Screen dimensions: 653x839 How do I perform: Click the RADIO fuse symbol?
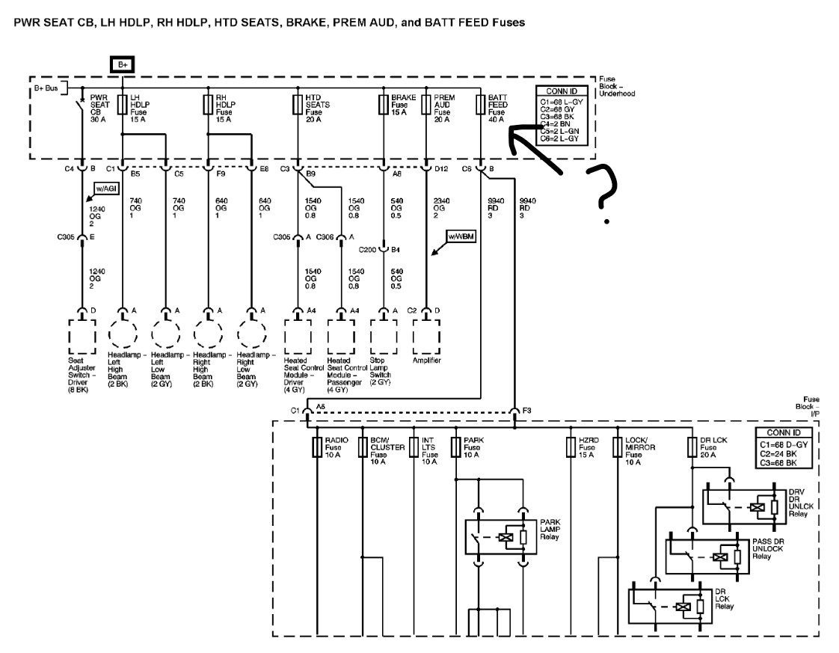coord(317,447)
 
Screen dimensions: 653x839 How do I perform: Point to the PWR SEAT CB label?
coord(99,108)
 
